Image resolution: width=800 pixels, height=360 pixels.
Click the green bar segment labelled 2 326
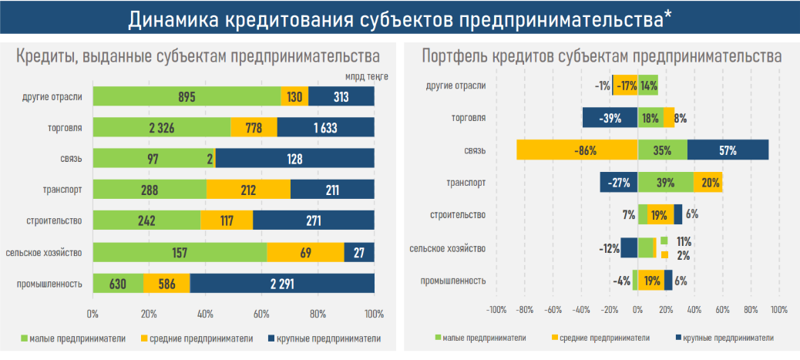[162, 127]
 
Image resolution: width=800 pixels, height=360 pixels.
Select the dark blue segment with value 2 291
[282, 283]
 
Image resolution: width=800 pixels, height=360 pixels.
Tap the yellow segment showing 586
[166, 283]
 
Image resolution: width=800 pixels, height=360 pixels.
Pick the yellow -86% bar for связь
[577, 150]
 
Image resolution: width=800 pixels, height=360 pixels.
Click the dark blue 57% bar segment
[728, 150]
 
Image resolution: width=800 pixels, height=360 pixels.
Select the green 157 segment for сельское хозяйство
[180, 252]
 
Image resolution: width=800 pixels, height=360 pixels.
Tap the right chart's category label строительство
[456, 215]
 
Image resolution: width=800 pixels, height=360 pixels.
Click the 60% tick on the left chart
[261, 314]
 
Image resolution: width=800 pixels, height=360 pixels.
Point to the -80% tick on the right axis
[525, 309]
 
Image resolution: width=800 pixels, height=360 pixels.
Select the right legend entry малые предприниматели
[480, 338]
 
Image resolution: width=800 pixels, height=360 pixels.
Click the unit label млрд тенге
[367, 76]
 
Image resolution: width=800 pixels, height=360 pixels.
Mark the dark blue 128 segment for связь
[295, 158]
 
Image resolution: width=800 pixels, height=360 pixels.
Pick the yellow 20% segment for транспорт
[708, 182]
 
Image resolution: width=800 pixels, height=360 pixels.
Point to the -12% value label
[610, 248]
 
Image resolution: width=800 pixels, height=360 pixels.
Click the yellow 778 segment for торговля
[254, 127]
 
